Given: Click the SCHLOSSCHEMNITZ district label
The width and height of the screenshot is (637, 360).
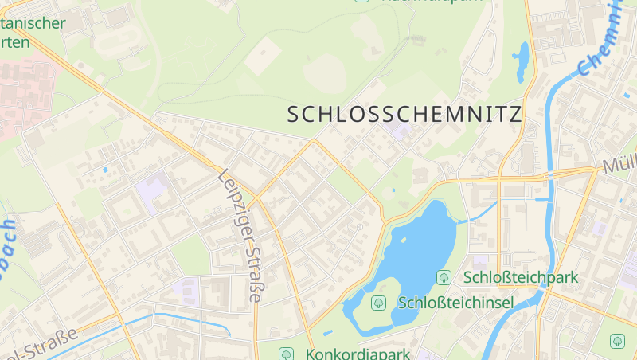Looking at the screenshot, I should click(x=404, y=114).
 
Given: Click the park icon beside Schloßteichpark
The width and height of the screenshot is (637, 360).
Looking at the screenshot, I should click(x=444, y=277).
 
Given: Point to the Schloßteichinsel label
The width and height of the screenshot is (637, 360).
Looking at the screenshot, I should click(x=455, y=303).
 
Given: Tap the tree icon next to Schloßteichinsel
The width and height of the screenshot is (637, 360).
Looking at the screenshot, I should click(x=378, y=303).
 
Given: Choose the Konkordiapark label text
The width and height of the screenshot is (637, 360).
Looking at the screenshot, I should click(x=357, y=354).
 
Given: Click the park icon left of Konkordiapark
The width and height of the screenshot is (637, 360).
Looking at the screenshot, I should click(x=286, y=354).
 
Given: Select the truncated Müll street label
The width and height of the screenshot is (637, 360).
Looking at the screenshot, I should click(x=619, y=166).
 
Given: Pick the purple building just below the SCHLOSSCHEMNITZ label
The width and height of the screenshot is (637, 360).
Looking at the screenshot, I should click(x=396, y=130).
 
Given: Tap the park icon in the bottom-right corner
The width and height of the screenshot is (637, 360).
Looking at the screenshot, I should click(x=617, y=341).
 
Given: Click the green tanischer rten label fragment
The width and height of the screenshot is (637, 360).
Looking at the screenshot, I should click(x=32, y=32).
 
